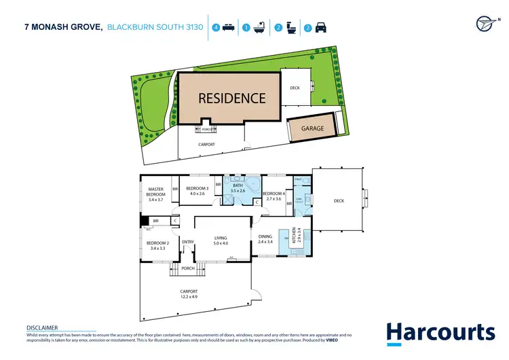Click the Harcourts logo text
pyautogui.click(x=440, y=333)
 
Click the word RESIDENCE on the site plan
pyautogui.click(x=231, y=98)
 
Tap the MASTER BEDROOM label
pyautogui.click(x=155, y=194)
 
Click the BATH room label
pyautogui.click(x=238, y=187)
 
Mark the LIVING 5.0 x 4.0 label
pyautogui.click(x=221, y=240)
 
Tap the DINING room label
pyautogui.click(x=265, y=239)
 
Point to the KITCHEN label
pyautogui.click(x=295, y=235)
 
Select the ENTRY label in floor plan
pyautogui.click(x=187, y=242)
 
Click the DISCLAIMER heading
pyautogui.click(x=42, y=327)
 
